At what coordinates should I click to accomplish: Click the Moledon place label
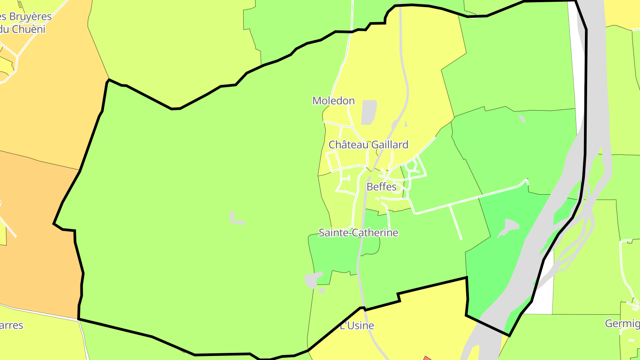tap(333, 101)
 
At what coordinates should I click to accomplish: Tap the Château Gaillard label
tap(368, 145)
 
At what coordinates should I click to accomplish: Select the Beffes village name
tap(381, 187)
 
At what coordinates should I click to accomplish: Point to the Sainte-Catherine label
tap(358, 233)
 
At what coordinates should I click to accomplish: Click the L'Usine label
tap(357, 326)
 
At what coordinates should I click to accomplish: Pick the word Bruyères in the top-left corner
tap(31, 17)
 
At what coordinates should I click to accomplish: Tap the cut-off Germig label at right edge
tap(622, 324)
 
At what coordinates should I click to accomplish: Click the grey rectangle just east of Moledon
tap(369, 112)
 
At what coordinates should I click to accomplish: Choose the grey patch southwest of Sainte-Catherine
tap(313, 280)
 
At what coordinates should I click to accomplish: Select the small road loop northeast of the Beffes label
tap(411, 166)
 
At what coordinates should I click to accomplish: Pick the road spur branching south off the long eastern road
tap(456, 222)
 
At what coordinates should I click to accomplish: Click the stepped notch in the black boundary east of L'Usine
tap(399, 297)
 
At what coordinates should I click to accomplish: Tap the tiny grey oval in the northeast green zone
tap(522, 119)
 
